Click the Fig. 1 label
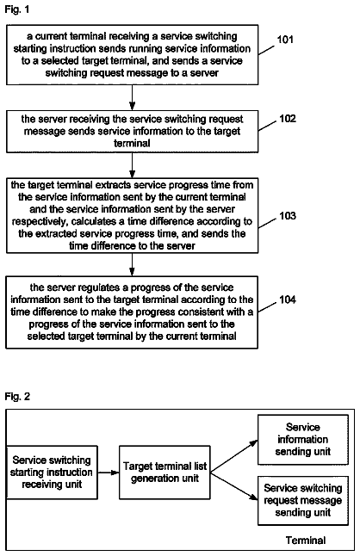[17, 9]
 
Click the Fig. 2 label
[17, 396]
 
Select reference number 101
[285, 40]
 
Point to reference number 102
[288, 119]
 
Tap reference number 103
[288, 215]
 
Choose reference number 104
[288, 300]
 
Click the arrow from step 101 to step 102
[132, 97]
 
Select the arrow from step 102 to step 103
[132, 165]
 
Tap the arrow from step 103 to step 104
[132, 264]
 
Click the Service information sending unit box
[303, 440]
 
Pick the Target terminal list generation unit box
[164, 473]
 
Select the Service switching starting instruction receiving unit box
[52, 473]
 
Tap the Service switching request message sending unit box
[303, 501]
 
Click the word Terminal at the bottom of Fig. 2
[306, 541]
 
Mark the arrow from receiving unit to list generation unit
[109, 473]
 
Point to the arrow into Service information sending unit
[233, 456]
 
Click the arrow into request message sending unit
[233, 486]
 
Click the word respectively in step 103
[40, 221]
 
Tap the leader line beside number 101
[266, 50]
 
